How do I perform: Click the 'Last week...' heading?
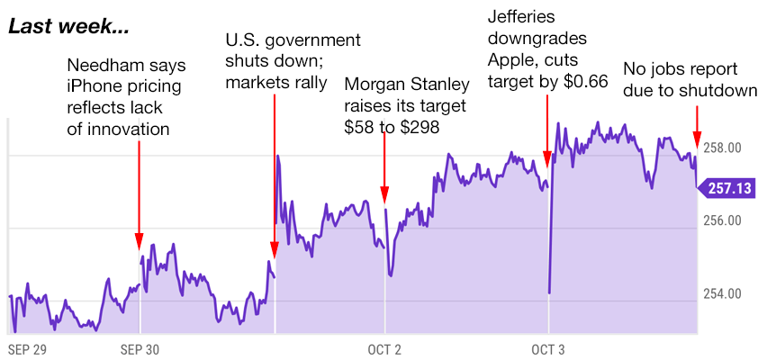coord(68,27)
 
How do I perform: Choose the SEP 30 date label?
coord(140,348)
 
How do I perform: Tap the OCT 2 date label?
coord(385,348)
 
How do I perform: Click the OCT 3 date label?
coord(548,348)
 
